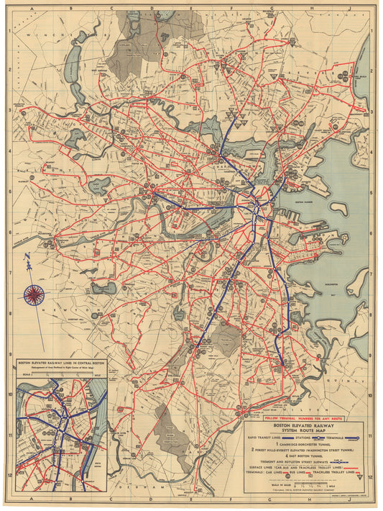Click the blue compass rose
coord(33,293)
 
